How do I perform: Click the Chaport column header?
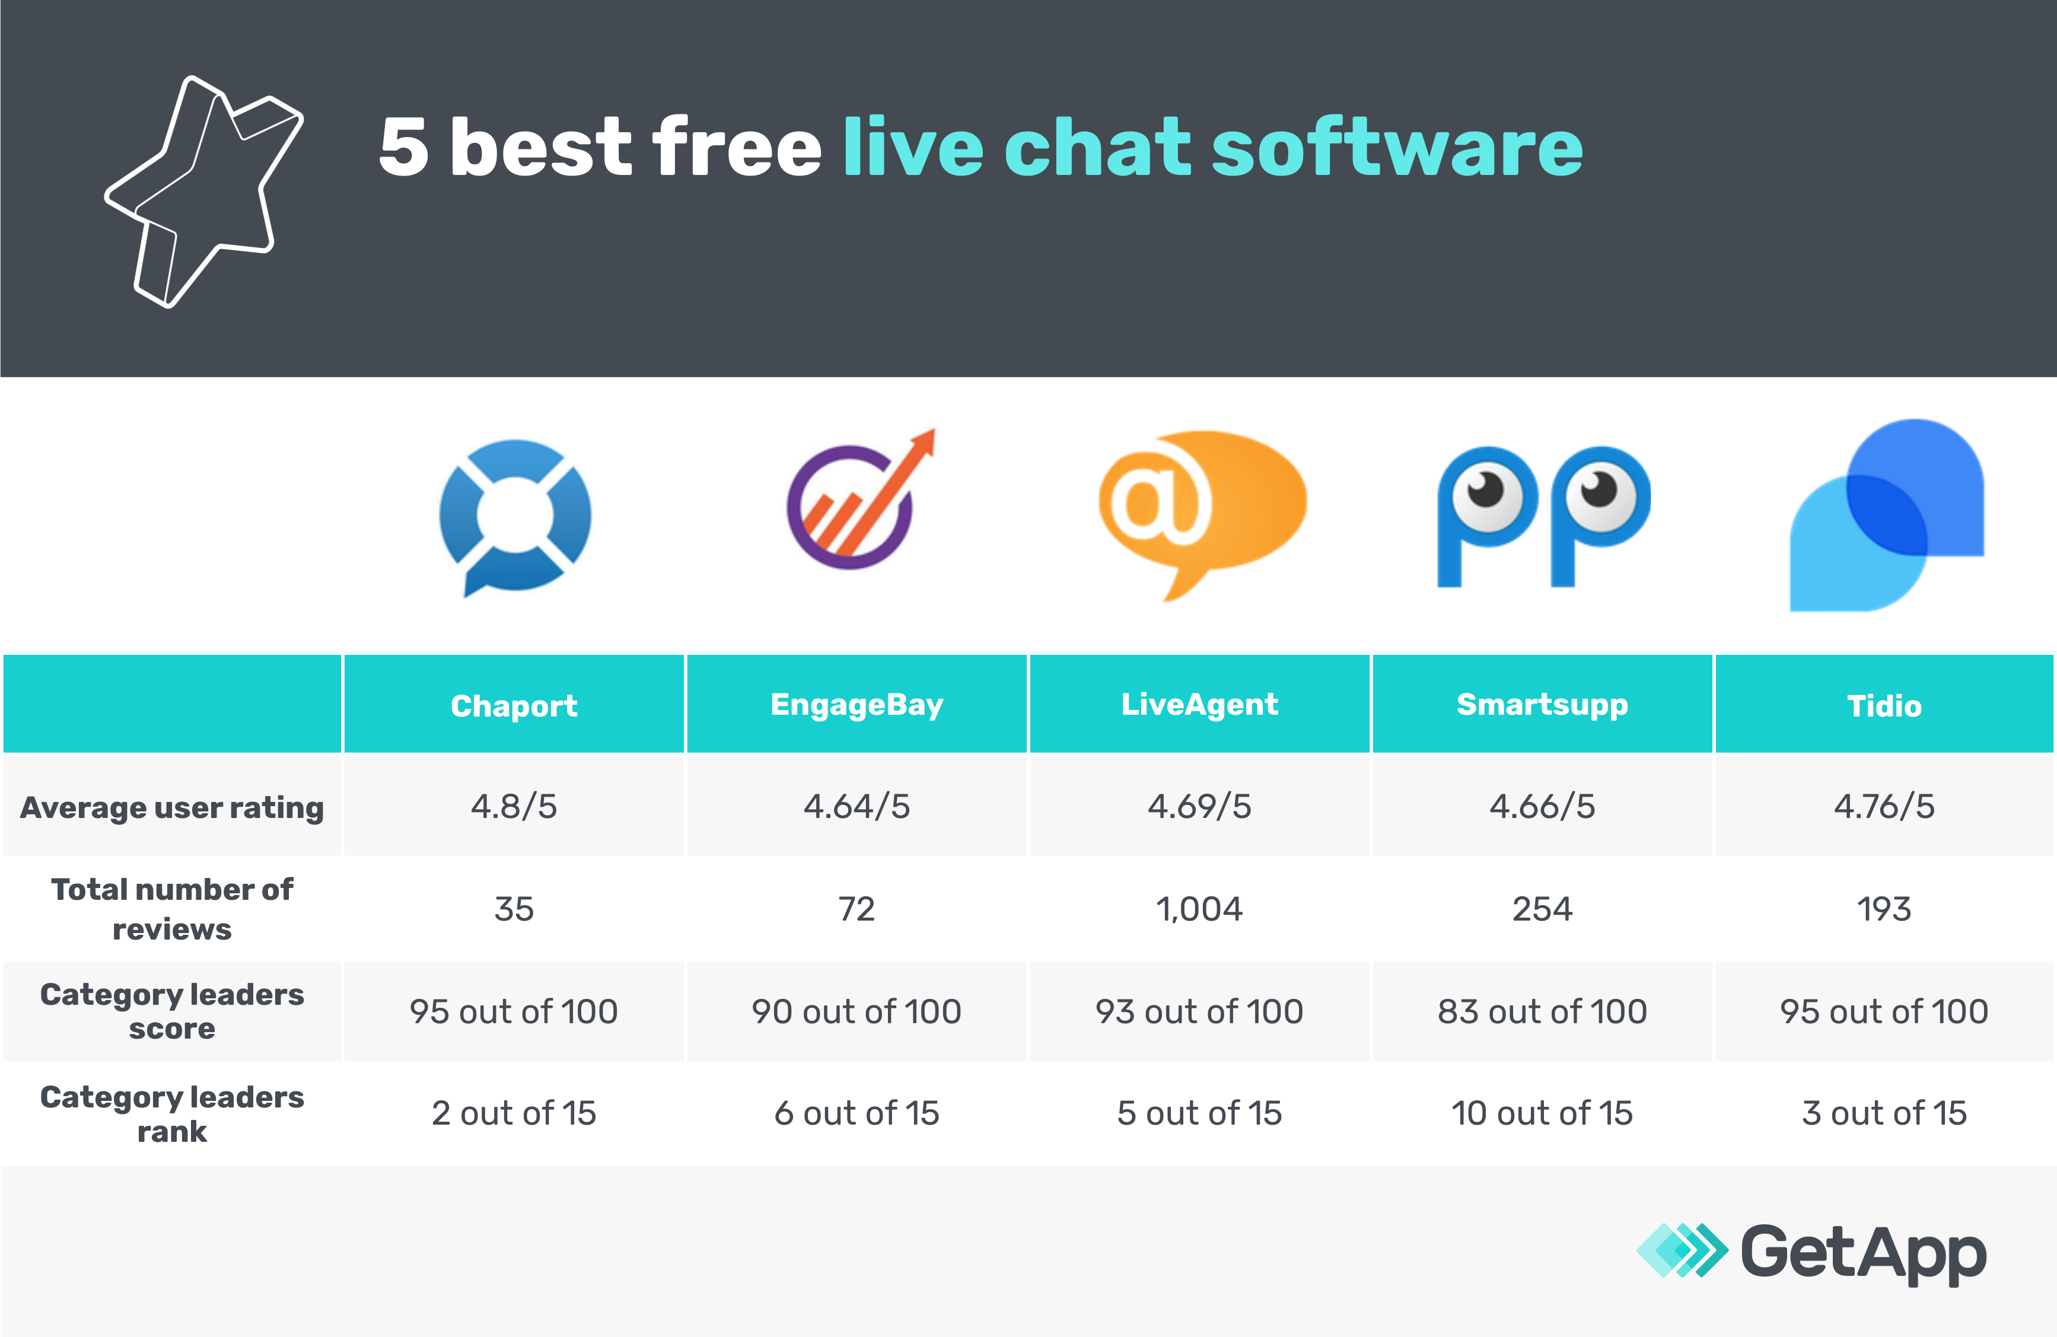tap(514, 705)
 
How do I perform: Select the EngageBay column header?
tap(856, 705)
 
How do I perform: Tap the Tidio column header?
tap(1884, 705)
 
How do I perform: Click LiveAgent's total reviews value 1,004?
tap(1199, 908)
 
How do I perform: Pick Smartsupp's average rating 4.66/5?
tap(1542, 806)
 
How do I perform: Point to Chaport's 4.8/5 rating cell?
tap(514, 806)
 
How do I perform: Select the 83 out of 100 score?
tap(1542, 1011)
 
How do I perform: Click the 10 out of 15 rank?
tap(1542, 1113)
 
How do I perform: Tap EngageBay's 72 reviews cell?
tap(856, 908)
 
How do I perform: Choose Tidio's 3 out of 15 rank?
tap(1884, 1113)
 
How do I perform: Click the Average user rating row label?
tap(172, 807)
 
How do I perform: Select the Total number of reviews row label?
tap(172, 908)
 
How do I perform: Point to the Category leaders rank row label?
tap(172, 1113)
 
